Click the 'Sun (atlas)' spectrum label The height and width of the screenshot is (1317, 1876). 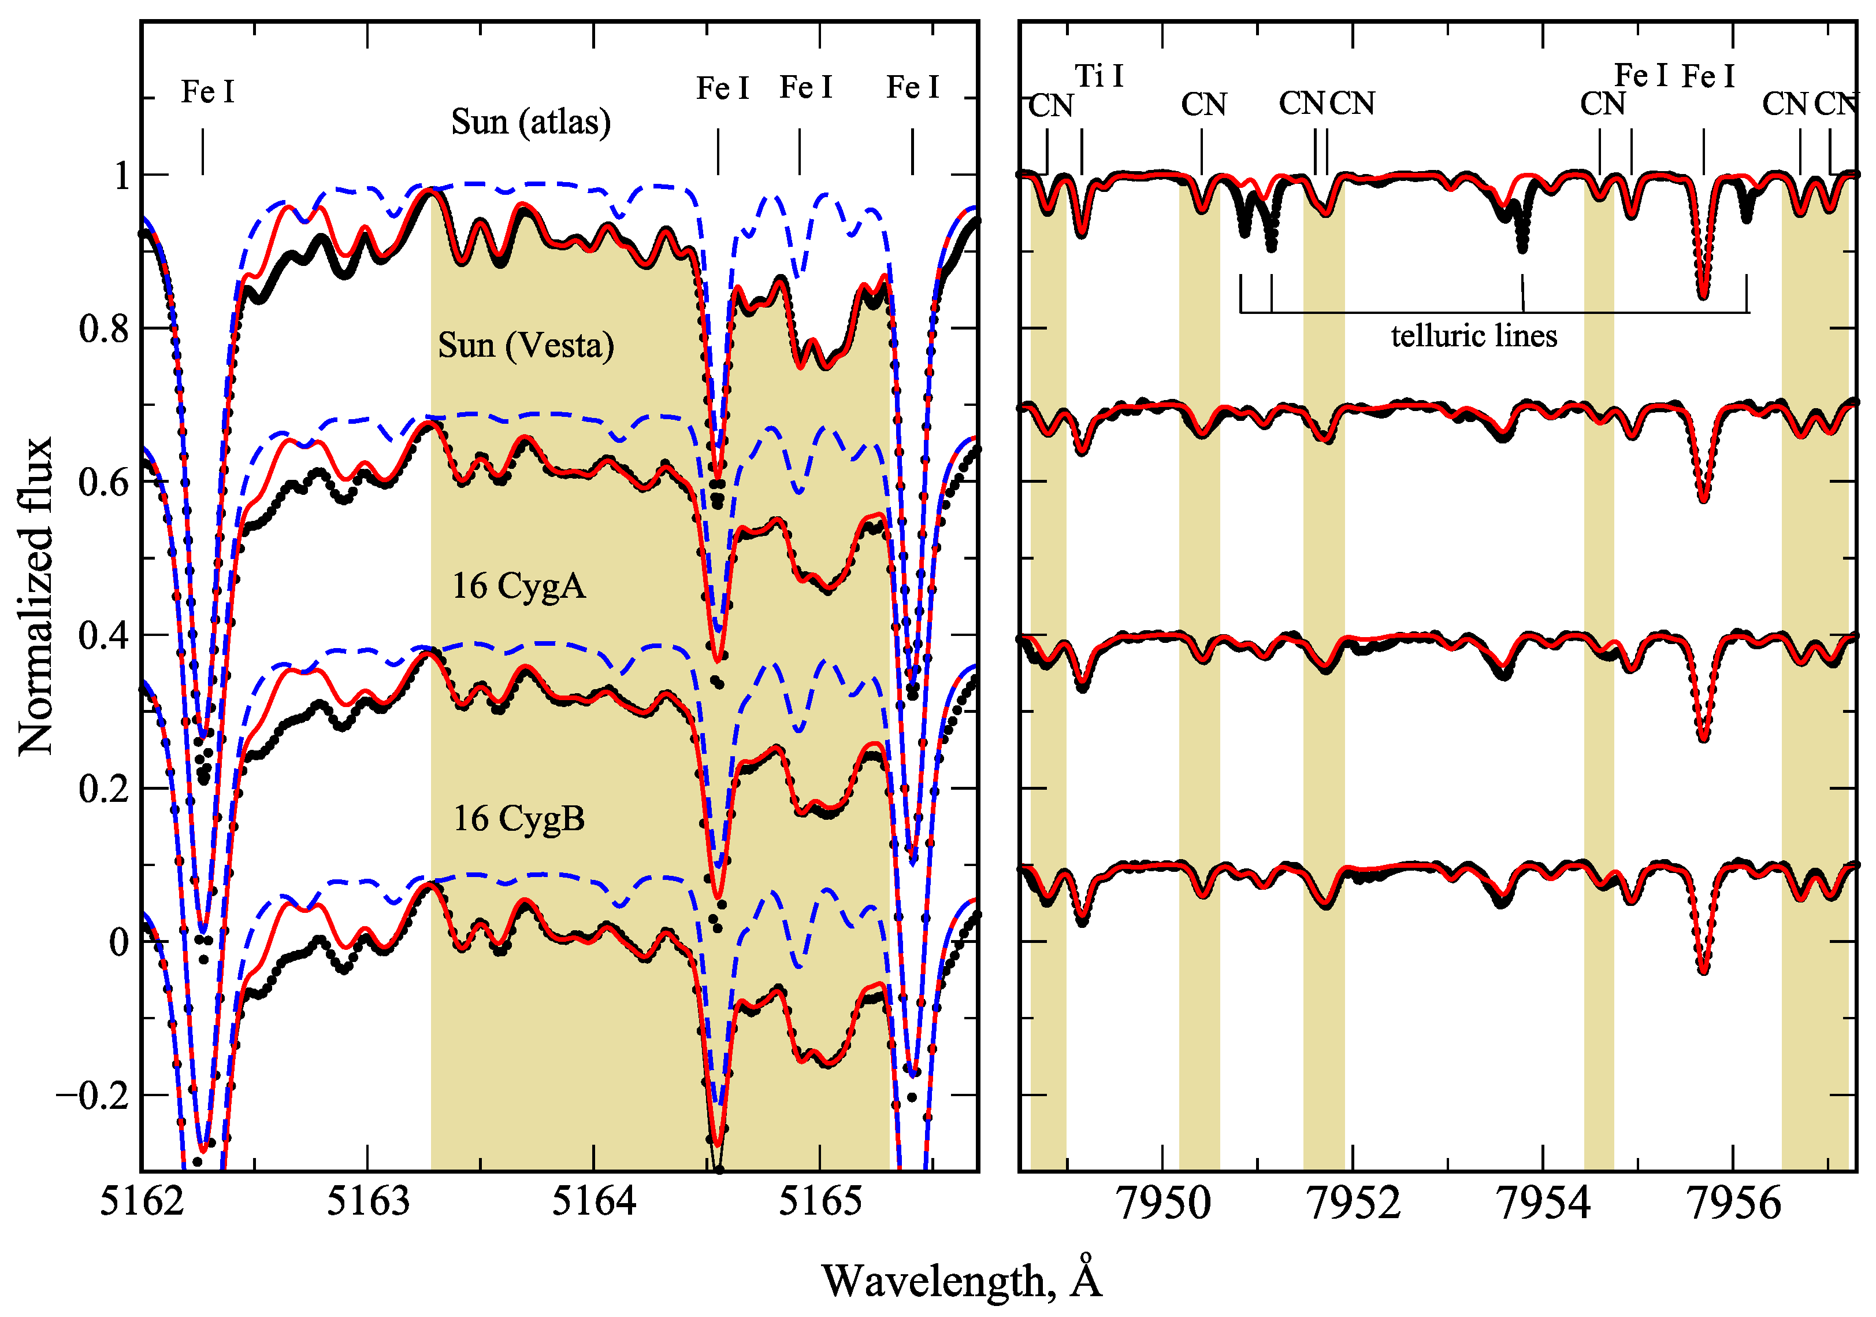click(530, 123)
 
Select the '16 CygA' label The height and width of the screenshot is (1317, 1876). click(519, 586)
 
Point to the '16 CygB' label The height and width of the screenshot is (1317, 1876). click(519, 818)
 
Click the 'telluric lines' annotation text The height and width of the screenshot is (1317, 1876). click(1474, 336)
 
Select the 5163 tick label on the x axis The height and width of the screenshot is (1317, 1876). click(367, 1202)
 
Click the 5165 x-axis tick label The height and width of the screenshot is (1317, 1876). click(819, 1202)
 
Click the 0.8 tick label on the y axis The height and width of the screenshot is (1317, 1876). click(104, 330)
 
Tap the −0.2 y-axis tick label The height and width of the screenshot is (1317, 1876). click(92, 1096)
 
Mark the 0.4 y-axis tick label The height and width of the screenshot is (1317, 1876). click(104, 636)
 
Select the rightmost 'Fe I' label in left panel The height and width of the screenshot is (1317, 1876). click(913, 87)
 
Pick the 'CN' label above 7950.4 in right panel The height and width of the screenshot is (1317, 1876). click(1203, 105)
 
